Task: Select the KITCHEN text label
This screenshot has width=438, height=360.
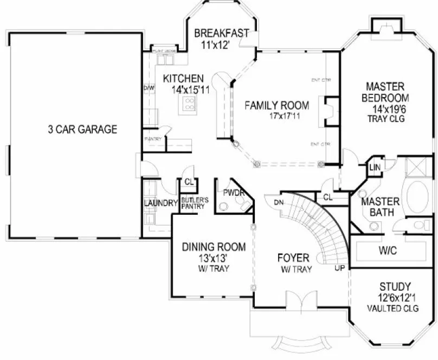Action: (x=184, y=79)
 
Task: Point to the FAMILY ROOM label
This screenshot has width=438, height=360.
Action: (x=276, y=105)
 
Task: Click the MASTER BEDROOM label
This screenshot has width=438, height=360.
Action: (x=387, y=92)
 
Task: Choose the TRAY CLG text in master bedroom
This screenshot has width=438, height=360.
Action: (x=387, y=118)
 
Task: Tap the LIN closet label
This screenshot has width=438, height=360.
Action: (x=374, y=168)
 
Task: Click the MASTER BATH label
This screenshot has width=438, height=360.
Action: (x=380, y=207)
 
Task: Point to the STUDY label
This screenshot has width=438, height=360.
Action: (x=394, y=286)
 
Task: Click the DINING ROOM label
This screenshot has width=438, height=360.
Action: (x=214, y=247)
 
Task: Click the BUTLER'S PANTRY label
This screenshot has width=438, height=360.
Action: (x=191, y=204)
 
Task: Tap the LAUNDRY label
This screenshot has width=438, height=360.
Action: (x=161, y=204)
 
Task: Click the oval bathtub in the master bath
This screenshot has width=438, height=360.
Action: (x=418, y=197)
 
